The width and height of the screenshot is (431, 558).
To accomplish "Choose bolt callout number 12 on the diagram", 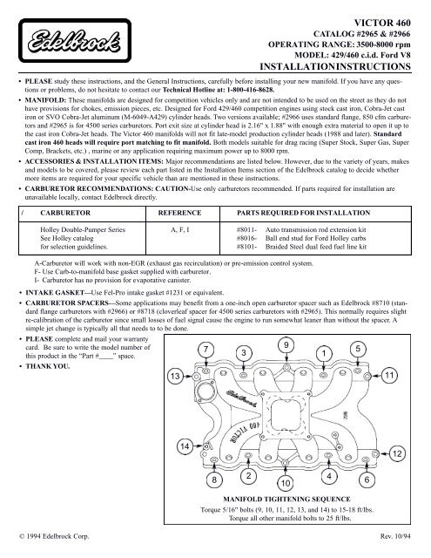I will click(397, 455).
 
